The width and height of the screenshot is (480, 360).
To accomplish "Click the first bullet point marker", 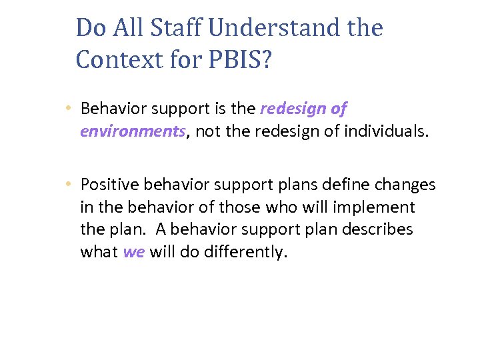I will [x=69, y=109].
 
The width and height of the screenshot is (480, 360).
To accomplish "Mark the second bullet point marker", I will [x=69, y=185].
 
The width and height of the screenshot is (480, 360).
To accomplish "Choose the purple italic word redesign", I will [x=294, y=108].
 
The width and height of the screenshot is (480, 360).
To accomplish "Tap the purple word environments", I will [x=132, y=131].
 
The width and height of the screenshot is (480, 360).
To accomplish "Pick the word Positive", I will [x=109, y=185].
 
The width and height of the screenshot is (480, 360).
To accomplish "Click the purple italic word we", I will [x=133, y=252].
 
